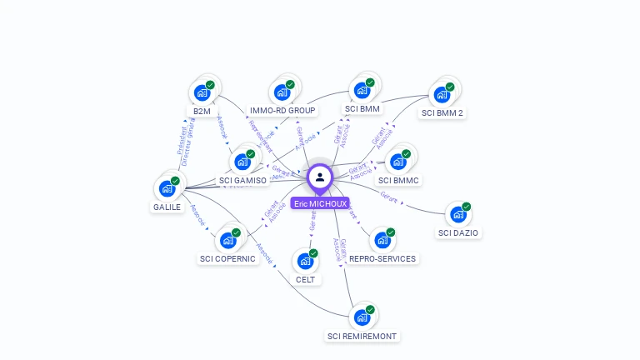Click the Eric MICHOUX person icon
(x=320, y=177)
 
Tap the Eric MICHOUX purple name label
(x=320, y=203)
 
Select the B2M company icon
(x=202, y=92)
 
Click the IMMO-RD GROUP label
(x=282, y=110)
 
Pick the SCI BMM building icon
(x=362, y=91)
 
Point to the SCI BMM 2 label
(x=442, y=112)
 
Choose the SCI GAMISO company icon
(x=242, y=162)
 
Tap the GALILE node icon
(x=167, y=188)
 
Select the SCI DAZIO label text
(x=458, y=232)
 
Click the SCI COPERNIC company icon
(x=227, y=240)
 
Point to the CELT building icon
(x=305, y=261)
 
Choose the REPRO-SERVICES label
(x=382, y=258)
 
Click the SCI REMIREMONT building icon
(x=362, y=317)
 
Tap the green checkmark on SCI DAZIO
(x=467, y=206)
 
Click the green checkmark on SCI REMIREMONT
(x=370, y=309)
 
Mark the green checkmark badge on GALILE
(x=175, y=180)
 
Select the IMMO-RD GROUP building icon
(x=282, y=92)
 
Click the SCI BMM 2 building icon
(x=442, y=94)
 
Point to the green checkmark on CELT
(x=313, y=252)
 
